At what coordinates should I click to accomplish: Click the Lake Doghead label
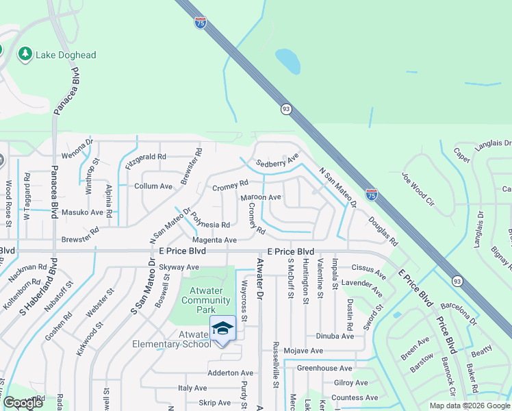pos(66,55)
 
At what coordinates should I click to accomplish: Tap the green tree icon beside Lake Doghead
pos(25,53)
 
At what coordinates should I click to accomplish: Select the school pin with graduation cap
pos(222,329)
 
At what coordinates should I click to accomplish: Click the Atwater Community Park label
pos(205,300)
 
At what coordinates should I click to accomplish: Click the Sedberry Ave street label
pos(278,162)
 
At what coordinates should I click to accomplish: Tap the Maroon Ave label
pos(261,197)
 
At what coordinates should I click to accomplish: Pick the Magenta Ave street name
pos(214,240)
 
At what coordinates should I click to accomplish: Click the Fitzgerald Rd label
pos(146,157)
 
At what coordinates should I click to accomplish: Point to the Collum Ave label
pos(153,186)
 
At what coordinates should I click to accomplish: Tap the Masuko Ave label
pos(82,212)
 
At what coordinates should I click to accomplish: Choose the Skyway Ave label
pos(179,267)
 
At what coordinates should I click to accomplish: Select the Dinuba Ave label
pos(335,336)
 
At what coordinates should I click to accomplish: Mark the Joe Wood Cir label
pos(418,190)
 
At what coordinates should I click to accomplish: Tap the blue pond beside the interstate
pos(287,61)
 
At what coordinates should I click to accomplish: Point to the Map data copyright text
pos(469,406)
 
